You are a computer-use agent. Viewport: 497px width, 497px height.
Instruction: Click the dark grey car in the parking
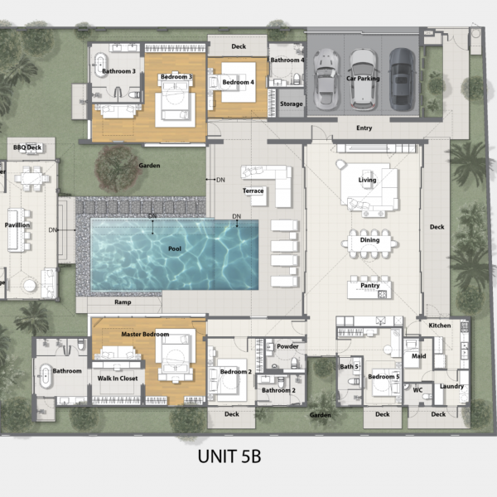click(403, 80)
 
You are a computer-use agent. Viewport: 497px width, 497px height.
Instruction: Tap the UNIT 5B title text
click(229, 456)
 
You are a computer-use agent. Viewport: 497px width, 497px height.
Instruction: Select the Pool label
click(175, 248)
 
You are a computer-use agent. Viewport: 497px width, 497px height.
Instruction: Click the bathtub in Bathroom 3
click(101, 65)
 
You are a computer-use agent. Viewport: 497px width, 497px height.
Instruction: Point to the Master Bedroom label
click(145, 334)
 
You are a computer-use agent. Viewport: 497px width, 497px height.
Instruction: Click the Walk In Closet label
click(118, 379)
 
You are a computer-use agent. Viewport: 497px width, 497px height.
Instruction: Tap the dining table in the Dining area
click(369, 244)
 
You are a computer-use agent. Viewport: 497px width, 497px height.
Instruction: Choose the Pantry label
click(370, 286)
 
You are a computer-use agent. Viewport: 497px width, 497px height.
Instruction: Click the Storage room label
click(292, 104)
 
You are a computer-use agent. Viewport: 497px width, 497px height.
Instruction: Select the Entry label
click(364, 128)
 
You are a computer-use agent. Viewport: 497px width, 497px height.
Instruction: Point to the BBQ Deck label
click(27, 147)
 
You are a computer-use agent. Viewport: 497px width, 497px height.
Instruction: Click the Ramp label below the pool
click(123, 302)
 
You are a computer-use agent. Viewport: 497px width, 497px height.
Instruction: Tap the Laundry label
click(451, 386)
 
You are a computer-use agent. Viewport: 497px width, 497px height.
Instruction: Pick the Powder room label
click(287, 346)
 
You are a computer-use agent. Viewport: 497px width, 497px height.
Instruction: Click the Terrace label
click(253, 191)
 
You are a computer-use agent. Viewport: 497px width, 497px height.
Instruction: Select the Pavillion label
click(17, 225)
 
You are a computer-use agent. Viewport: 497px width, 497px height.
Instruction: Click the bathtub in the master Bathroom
click(46, 376)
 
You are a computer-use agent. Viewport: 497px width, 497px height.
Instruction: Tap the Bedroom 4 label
click(238, 82)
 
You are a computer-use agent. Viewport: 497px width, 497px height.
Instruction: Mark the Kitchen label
click(440, 326)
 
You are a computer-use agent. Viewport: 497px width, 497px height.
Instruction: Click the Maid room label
click(418, 356)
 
